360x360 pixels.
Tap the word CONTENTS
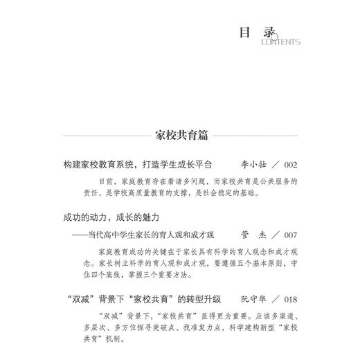point(280,42)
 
